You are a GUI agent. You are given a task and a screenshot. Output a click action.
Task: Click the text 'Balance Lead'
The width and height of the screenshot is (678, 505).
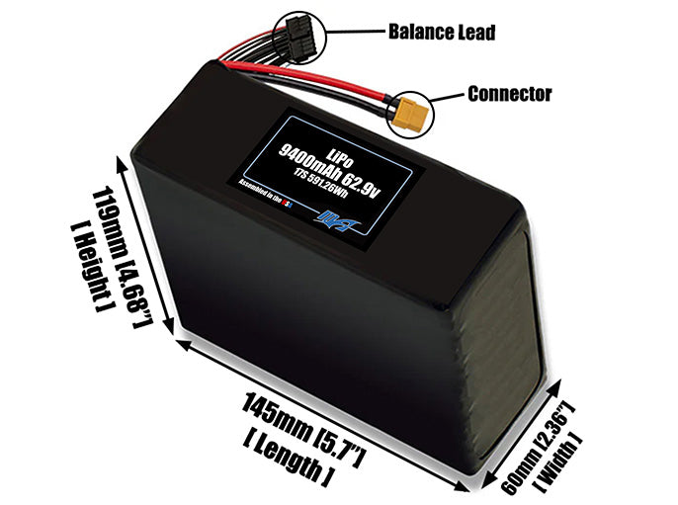click(442, 33)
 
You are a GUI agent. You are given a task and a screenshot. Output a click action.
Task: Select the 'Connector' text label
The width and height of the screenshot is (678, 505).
click(509, 95)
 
